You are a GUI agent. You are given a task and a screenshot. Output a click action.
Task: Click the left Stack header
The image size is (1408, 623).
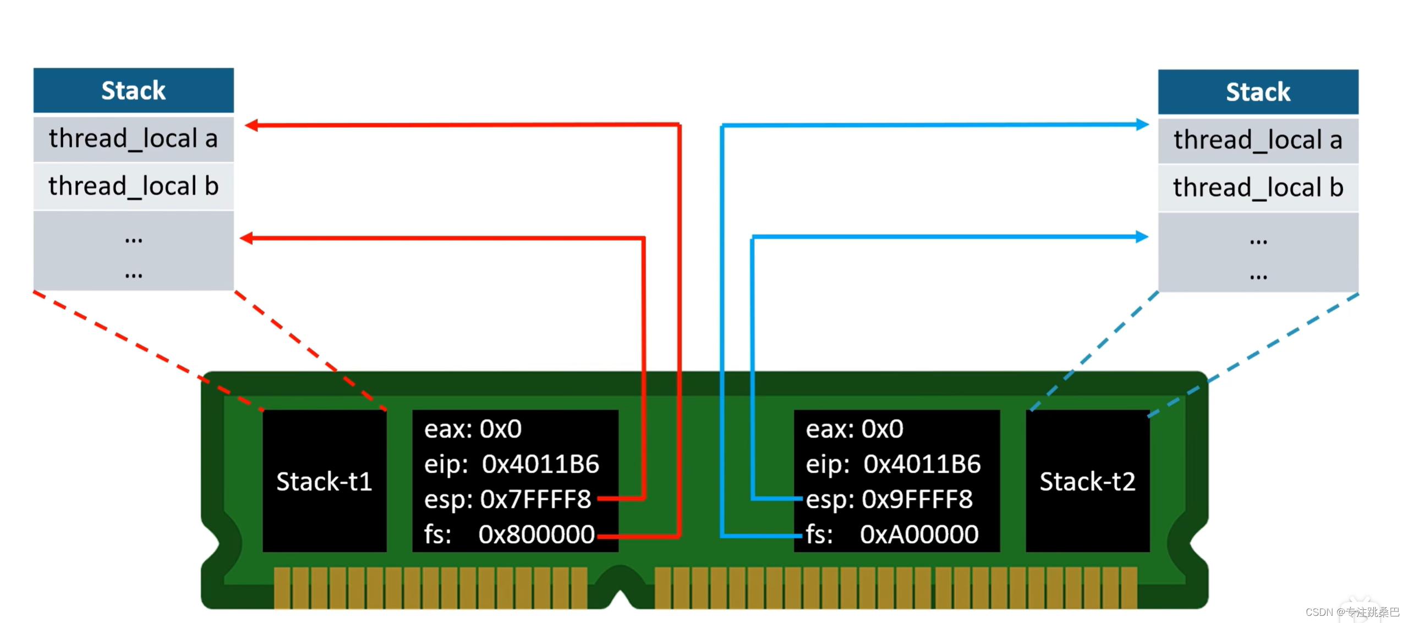click(133, 90)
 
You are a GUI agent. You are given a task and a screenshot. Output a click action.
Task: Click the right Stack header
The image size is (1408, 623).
click(1258, 92)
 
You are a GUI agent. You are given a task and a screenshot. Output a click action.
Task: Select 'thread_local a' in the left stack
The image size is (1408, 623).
click(133, 139)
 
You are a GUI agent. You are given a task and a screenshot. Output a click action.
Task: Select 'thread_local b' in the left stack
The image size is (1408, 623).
click(133, 186)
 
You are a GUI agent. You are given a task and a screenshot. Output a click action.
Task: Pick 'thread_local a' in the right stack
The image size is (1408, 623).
click(1258, 140)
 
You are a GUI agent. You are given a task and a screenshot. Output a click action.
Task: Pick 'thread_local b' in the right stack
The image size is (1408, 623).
click(1258, 188)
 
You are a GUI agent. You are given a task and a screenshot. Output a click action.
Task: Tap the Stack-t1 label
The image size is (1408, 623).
click(324, 482)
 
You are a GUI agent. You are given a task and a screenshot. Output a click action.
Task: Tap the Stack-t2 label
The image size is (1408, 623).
click(1087, 482)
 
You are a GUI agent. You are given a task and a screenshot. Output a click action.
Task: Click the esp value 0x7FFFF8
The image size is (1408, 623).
click(535, 499)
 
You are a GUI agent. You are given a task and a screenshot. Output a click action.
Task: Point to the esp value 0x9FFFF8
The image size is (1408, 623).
click(917, 499)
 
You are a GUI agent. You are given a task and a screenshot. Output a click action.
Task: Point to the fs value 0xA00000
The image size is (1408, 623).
click(919, 534)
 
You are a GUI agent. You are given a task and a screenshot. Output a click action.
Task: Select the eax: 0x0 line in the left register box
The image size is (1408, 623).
click(473, 429)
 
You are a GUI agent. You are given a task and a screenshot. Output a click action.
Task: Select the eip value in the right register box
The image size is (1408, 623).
click(922, 464)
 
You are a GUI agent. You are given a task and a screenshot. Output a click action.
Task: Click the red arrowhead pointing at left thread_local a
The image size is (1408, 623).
click(251, 126)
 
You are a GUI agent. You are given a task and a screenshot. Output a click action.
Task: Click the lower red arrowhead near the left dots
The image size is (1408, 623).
click(247, 239)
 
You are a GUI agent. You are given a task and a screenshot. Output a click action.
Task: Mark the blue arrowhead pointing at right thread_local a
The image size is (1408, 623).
click(1142, 125)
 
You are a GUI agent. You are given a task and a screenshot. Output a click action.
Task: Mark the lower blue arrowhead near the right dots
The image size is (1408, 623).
click(1142, 237)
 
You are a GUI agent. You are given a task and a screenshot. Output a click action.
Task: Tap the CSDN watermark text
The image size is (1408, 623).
click(1352, 612)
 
